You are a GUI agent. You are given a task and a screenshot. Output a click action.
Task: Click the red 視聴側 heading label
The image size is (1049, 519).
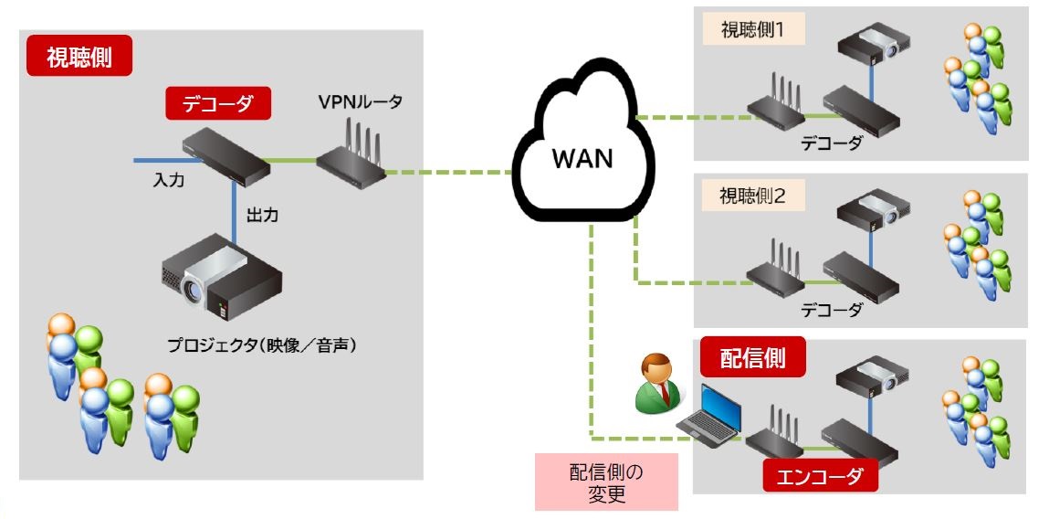tap(80, 56)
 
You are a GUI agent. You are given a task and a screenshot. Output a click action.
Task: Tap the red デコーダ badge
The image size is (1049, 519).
tap(219, 103)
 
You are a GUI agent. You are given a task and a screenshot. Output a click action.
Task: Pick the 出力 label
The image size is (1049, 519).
tap(262, 217)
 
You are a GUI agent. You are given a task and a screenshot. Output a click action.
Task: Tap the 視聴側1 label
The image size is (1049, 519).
tap(752, 30)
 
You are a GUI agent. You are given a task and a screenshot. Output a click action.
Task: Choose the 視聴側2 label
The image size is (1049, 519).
tap(752, 196)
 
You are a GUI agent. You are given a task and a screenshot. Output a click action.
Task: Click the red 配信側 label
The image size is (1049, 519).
tap(754, 357)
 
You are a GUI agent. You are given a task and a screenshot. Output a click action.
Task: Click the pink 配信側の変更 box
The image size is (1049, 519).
tap(606, 482)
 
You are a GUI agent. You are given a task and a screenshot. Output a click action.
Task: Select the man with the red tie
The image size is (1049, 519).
tap(659, 383)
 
